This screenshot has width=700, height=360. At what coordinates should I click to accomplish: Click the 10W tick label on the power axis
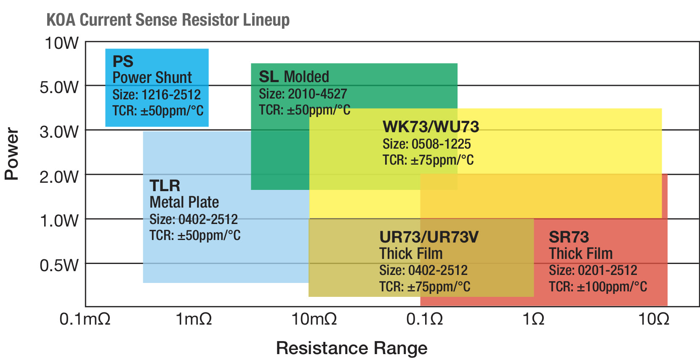pyautogui.click(x=61, y=43)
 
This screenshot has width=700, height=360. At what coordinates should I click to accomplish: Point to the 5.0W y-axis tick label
pyautogui.click(x=59, y=88)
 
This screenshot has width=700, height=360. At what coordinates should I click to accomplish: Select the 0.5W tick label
pyautogui.click(x=59, y=265)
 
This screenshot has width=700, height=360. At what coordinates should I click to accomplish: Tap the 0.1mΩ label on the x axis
pyautogui.click(x=85, y=319)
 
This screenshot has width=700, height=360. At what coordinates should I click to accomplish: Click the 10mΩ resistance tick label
pyautogui.click(x=314, y=319)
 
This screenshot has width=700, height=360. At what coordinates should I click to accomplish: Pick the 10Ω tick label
pyautogui.click(x=654, y=319)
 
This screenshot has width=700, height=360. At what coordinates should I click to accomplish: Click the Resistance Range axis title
pyautogui.click(x=351, y=348)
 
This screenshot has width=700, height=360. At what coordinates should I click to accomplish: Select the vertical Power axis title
pyautogui.click(x=12, y=154)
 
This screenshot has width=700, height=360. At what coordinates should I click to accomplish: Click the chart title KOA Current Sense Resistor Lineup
pyautogui.click(x=168, y=20)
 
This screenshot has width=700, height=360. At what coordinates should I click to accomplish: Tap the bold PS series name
pyautogui.click(x=123, y=61)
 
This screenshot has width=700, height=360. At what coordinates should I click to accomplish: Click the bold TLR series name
pyautogui.click(x=165, y=186)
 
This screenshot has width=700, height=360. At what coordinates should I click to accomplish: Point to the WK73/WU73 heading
pyautogui.click(x=431, y=127)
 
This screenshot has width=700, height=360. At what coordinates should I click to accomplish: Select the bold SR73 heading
pyautogui.click(x=569, y=237)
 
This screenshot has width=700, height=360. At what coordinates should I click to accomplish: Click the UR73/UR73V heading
pyautogui.click(x=429, y=237)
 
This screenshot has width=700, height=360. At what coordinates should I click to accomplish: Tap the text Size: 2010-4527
pyautogui.click(x=303, y=93)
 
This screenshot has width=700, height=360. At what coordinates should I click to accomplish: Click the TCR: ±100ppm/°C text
pyautogui.click(x=598, y=287)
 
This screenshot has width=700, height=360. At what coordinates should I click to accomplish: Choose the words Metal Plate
pyautogui.click(x=184, y=202)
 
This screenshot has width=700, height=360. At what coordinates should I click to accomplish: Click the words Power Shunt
pyautogui.click(x=152, y=77)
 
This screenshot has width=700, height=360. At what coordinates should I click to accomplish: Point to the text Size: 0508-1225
pyautogui.click(x=426, y=144)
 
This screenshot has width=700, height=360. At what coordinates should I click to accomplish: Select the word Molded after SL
pyautogui.click(x=306, y=77)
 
